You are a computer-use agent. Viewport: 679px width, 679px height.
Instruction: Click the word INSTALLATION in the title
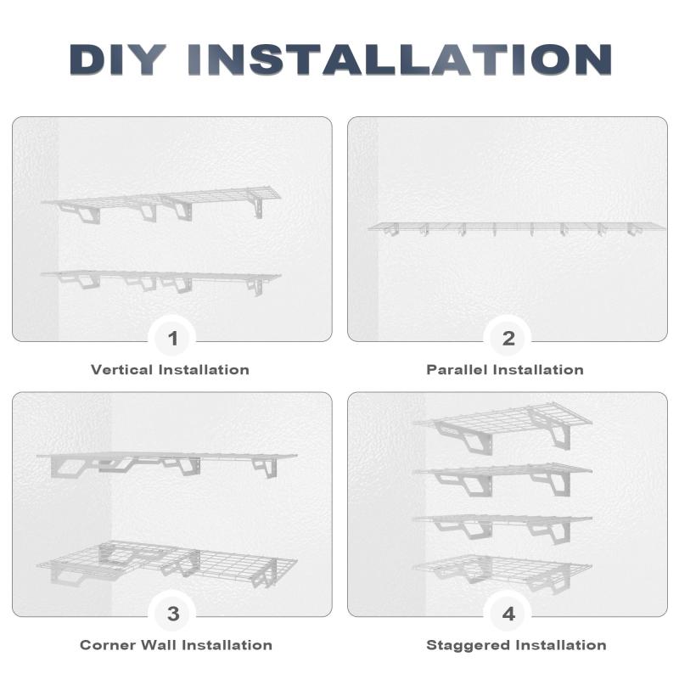click(x=399, y=59)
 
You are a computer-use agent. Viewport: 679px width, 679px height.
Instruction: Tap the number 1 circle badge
click(x=172, y=338)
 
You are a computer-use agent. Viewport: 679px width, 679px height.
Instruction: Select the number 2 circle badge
click(x=508, y=338)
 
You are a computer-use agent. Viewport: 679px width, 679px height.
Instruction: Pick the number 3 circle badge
click(x=172, y=614)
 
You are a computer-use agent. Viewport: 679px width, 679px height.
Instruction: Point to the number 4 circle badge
click(x=508, y=614)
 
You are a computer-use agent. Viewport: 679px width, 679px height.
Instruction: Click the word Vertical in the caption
click(x=121, y=370)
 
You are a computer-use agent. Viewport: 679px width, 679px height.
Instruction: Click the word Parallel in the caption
click(x=457, y=370)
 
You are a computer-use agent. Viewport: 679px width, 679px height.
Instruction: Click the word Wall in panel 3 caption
click(x=159, y=645)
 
